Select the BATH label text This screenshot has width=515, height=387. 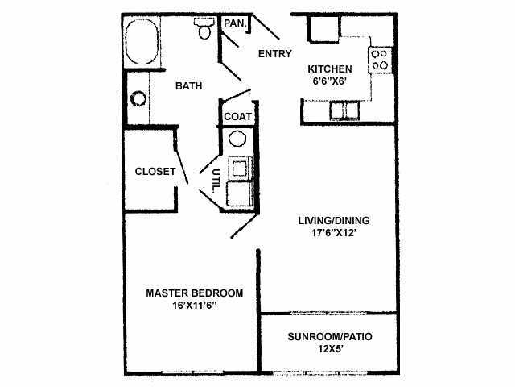coord(188,85)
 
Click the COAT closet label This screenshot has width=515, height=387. coord(237,116)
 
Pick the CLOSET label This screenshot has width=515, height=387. coord(155,171)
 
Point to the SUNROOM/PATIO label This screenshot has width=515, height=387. coord(330,335)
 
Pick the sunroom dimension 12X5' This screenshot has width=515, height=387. coord(330,348)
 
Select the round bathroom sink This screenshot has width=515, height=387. coord(138,99)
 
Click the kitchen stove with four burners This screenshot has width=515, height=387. coord(379,58)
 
